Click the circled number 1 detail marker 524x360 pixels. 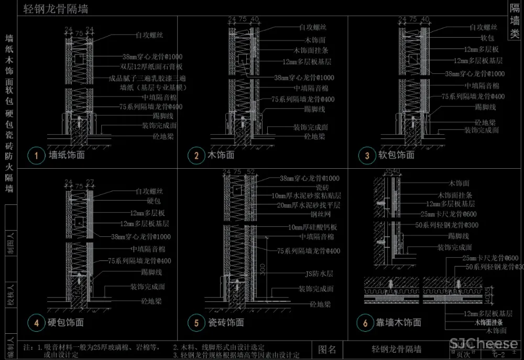coord(36,155)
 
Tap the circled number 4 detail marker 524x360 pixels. coord(36,323)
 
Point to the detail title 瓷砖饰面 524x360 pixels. coord(226,323)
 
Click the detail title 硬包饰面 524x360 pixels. coord(66,323)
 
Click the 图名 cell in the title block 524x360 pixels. coord(330,349)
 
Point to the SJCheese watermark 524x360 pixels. coord(484,344)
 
